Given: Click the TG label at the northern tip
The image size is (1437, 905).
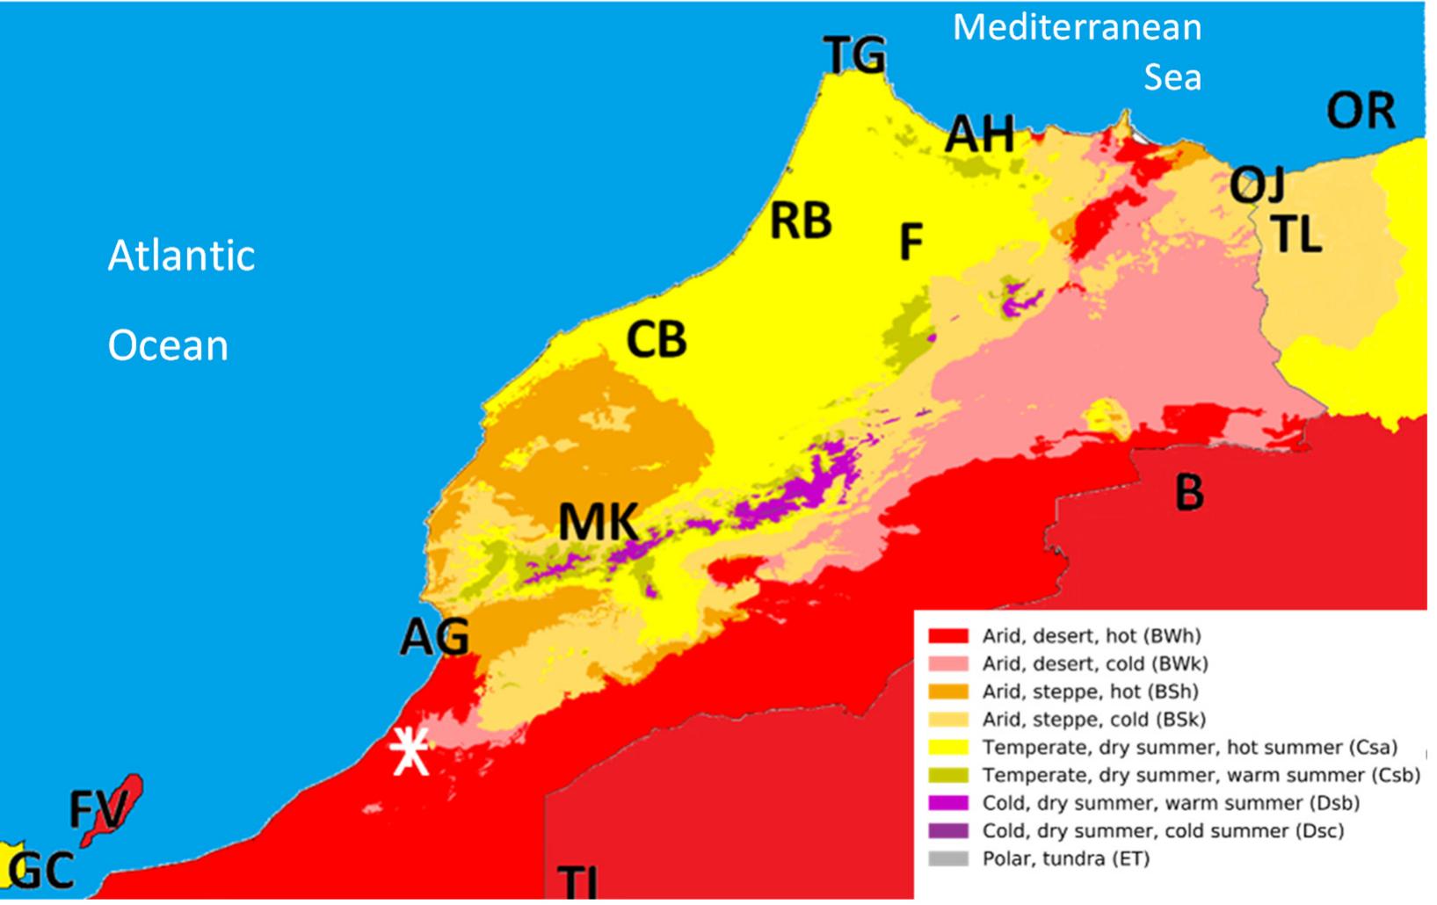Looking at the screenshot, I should (x=855, y=56).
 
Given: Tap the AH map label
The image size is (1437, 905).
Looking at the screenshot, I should (x=980, y=135).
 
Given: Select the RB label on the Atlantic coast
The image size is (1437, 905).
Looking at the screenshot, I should (x=801, y=221).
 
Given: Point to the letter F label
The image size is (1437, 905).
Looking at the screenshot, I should (x=911, y=242).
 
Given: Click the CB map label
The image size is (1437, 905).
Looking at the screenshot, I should (x=657, y=339).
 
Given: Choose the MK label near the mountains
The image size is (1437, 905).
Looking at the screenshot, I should (x=599, y=523).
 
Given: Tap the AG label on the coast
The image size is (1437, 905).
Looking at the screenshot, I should (x=434, y=637).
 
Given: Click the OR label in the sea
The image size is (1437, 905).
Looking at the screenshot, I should (x=1361, y=111).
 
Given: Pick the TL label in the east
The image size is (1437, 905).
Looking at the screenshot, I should (x=1296, y=235).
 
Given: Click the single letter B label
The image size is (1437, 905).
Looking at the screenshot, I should (x=1189, y=492).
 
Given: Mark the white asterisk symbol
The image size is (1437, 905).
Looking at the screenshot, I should (x=410, y=751).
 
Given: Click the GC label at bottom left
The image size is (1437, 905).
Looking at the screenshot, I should (x=42, y=872).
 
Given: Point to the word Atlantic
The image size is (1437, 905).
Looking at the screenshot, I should (x=181, y=256).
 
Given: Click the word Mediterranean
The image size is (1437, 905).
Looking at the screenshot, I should (x=1077, y=28).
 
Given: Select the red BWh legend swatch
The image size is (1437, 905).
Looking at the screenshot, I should (x=948, y=635).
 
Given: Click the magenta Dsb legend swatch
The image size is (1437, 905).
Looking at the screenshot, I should (x=948, y=803).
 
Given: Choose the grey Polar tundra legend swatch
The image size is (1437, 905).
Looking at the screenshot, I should (x=948, y=858).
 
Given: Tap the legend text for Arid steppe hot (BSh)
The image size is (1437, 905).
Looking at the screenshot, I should (x=1090, y=691).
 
